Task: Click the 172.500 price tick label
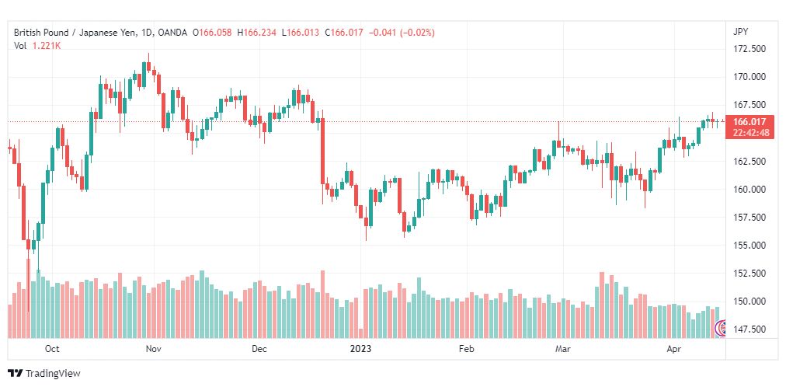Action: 749,49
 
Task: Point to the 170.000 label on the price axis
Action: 749,77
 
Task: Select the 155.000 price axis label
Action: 749,245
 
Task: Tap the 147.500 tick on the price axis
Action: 749,329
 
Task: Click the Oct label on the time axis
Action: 51,349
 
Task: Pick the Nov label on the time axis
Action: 153,349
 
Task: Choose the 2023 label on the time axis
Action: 361,349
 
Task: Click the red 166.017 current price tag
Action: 749,122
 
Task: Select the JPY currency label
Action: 740,32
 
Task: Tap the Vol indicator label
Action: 19,46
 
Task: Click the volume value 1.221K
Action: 46,46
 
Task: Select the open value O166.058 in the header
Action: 215,33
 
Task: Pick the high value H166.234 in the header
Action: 256,33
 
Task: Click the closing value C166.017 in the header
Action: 344,33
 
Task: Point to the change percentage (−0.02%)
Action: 416,33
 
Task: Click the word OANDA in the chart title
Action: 172,33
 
